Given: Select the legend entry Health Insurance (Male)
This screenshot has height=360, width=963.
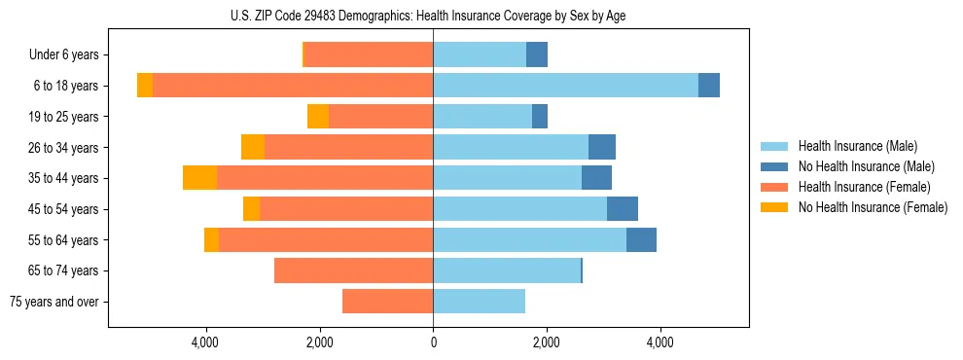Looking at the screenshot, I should pyautogui.click(x=857, y=146).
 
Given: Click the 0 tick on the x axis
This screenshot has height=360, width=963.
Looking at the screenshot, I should pyautogui.click(x=433, y=342).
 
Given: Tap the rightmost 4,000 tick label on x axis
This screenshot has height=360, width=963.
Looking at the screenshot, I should pyautogui.click(x=660, y=342).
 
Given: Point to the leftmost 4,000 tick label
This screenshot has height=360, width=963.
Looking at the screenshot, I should pyautogui.click(x=206, y=342).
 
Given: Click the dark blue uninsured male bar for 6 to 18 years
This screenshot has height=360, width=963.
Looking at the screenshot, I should pyautogui.click(x=709, y=86).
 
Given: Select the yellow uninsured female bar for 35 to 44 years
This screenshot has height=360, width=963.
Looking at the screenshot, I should pyautogui.click(x=199, y=178).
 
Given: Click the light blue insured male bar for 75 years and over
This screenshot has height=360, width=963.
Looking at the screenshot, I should pyautogui.click(x=479, y=302).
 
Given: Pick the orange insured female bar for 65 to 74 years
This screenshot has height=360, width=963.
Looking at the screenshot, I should pyautogui.click(x=353, y=270).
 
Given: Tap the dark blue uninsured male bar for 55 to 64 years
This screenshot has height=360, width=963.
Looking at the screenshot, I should pyautogui.click(x=641, y=239).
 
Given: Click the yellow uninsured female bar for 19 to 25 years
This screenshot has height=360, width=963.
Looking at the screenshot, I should pyautogui.click(x=318, y=117).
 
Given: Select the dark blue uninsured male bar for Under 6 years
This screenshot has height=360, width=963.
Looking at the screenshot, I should pyautogui.click(x=537, y=54).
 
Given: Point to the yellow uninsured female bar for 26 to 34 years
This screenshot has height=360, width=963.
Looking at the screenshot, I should pyautogui.click(x=253, y=147).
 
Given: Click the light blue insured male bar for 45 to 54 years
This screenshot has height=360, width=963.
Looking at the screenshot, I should pyautogui.click(x=519, y=209).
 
